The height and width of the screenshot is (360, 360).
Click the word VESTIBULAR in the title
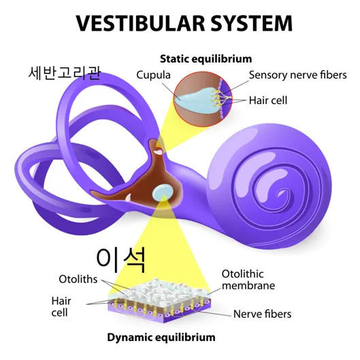pos(140,23)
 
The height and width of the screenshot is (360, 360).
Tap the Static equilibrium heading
pos(206,59)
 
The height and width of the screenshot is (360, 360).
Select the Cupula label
pos(153,75)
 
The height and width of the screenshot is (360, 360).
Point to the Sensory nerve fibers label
pos(298,75)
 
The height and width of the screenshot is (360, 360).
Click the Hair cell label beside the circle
pos(268,100)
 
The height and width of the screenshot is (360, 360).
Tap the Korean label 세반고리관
pos(65,73)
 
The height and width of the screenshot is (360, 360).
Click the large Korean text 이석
pos(121,260)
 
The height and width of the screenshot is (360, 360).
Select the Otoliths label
pos(78,279)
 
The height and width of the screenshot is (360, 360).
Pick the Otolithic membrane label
pos(248,280)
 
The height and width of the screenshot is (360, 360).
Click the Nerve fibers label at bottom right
pos(262,314)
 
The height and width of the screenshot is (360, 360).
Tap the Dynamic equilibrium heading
pos(161,338)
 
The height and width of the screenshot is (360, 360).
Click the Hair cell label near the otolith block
pos(61,306)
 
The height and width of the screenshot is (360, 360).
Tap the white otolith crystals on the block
pos(159,291)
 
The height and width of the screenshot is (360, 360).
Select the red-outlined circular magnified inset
pos(203,99)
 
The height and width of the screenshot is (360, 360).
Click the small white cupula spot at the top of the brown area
pos(158,152)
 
